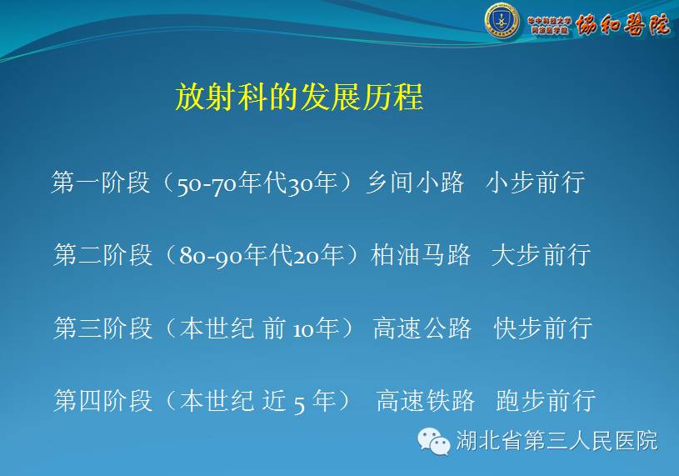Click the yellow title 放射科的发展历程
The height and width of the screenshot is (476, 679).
coord(299,97)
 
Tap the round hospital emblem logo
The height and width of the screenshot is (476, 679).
coord(502,20)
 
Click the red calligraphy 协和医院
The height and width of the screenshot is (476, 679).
coord(622,25)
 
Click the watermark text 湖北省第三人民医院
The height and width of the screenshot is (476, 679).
coord(557,441)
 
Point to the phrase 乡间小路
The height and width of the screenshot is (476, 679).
coord(415,183)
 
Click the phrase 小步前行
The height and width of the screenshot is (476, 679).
coord(535,183)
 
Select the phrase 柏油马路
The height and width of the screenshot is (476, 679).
coord(421,255)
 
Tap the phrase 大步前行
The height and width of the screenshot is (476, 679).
coord(541,255)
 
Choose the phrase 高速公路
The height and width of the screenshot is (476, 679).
coord(422,328)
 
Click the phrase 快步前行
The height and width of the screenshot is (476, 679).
coord(543,328)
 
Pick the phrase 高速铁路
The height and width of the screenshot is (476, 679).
coord(426,401)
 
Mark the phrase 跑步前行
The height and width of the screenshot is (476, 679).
coord(546,401)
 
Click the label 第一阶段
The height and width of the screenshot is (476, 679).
coord(101,183)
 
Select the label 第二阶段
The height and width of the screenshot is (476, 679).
coord(102,255)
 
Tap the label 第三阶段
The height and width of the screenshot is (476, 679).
coord(102,328)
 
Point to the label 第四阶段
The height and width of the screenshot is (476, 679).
coord(102,401)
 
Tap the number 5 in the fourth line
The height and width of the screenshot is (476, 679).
coord(299,403)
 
